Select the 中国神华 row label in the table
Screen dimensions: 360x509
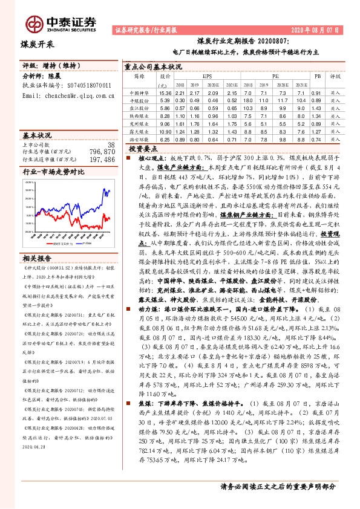(x=139, y=93)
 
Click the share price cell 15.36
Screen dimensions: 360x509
(x=165, y=93)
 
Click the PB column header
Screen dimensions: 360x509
(x=317, y=77)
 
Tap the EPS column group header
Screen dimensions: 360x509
(x=207, y=77)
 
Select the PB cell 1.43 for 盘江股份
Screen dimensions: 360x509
(x=317, y=108)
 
